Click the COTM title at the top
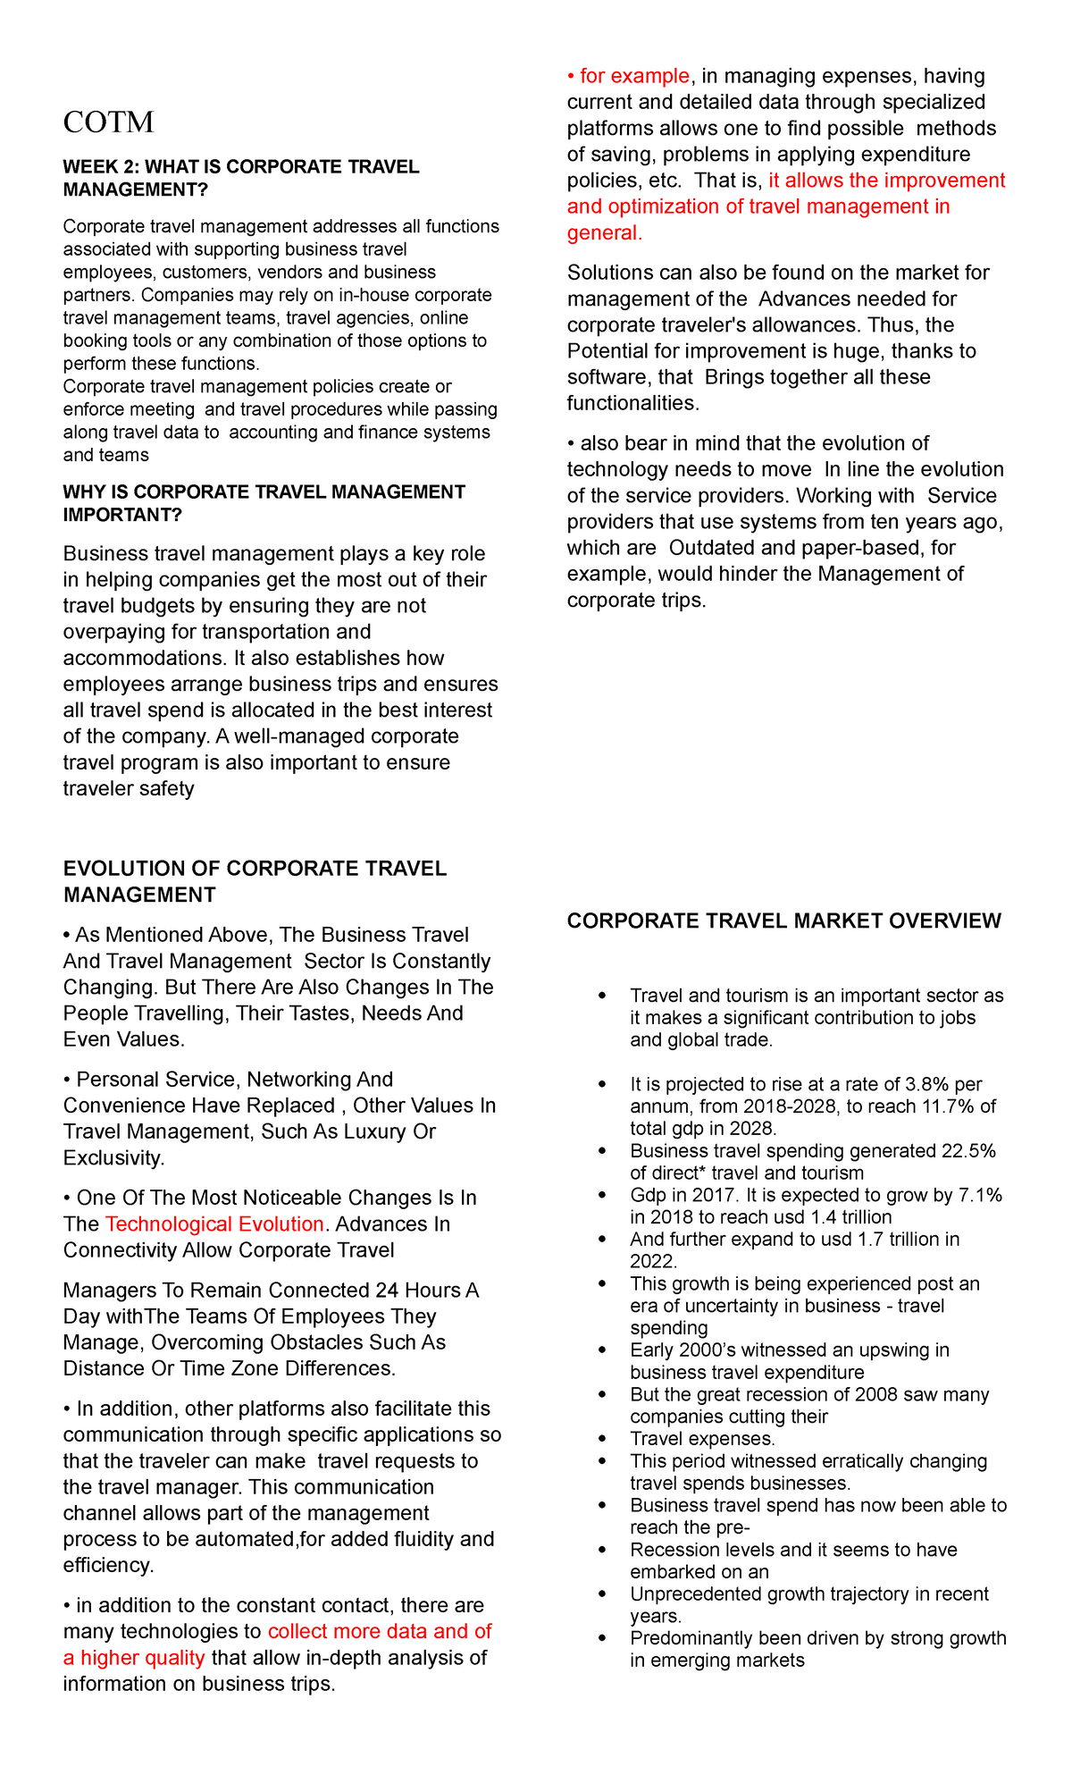click(x=108, y=122)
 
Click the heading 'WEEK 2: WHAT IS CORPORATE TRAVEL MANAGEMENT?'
click(x=240, y=178)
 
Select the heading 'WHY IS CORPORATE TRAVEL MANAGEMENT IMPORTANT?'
click(x=264, y=503)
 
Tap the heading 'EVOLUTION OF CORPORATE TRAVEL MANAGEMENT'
click(x=255, y=881)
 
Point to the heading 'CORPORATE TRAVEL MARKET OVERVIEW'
click(x=783, y=921)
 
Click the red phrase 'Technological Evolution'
click(x=214, y=1224)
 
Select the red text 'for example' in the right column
click(x=634, y=76)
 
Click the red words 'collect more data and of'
click(x=380, y=1631)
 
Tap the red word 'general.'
click(x=605, y=233)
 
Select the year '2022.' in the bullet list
click(x=654, y=1261)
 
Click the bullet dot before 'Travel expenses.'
click(x=605, y=1440)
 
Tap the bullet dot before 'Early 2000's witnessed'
click(x=605, y=1351)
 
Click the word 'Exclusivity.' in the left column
click(x=113, y=1158)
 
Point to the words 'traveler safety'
click(x=128, y=788)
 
